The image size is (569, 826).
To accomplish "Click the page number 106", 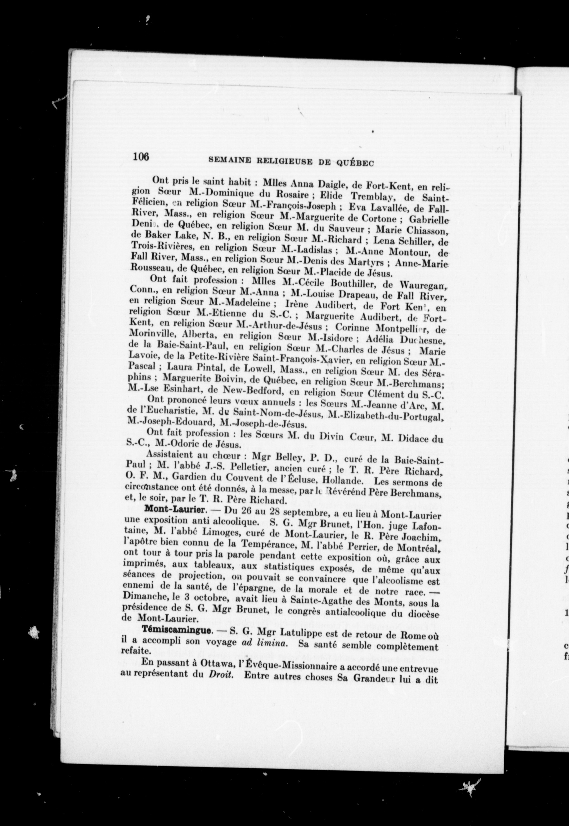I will (141, 157).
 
